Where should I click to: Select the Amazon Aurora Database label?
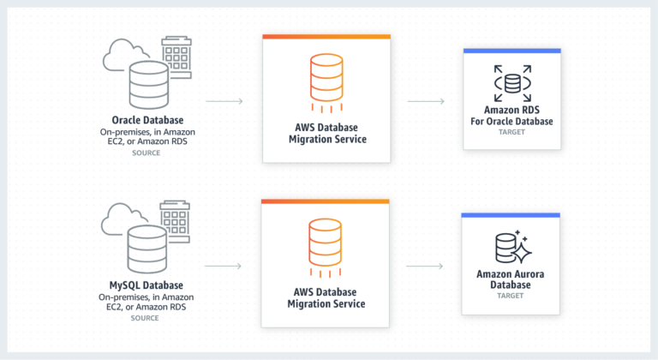[x=510, y=279]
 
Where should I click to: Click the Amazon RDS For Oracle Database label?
[x=511, y=116]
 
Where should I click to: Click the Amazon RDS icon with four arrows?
[x=512, y=83]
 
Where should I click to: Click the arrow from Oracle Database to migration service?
[x=224, y=102]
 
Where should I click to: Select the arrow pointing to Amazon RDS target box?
[x=426, y=102]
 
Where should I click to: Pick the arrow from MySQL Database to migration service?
[x=224, y=267]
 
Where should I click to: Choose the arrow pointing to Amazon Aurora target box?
[x=426, y=267]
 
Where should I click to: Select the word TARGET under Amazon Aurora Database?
[x=510, y=296]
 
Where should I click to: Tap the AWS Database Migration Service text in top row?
[x=326, y=133]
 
